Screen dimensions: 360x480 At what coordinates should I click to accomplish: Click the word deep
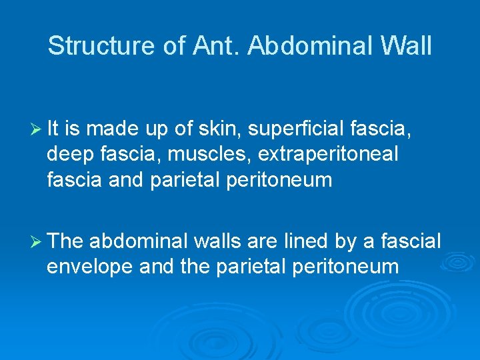[x=69, y=155]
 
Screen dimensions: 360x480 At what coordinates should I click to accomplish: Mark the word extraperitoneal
[x=328, y=155]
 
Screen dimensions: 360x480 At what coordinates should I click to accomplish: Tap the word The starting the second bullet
[x=66, y=241]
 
